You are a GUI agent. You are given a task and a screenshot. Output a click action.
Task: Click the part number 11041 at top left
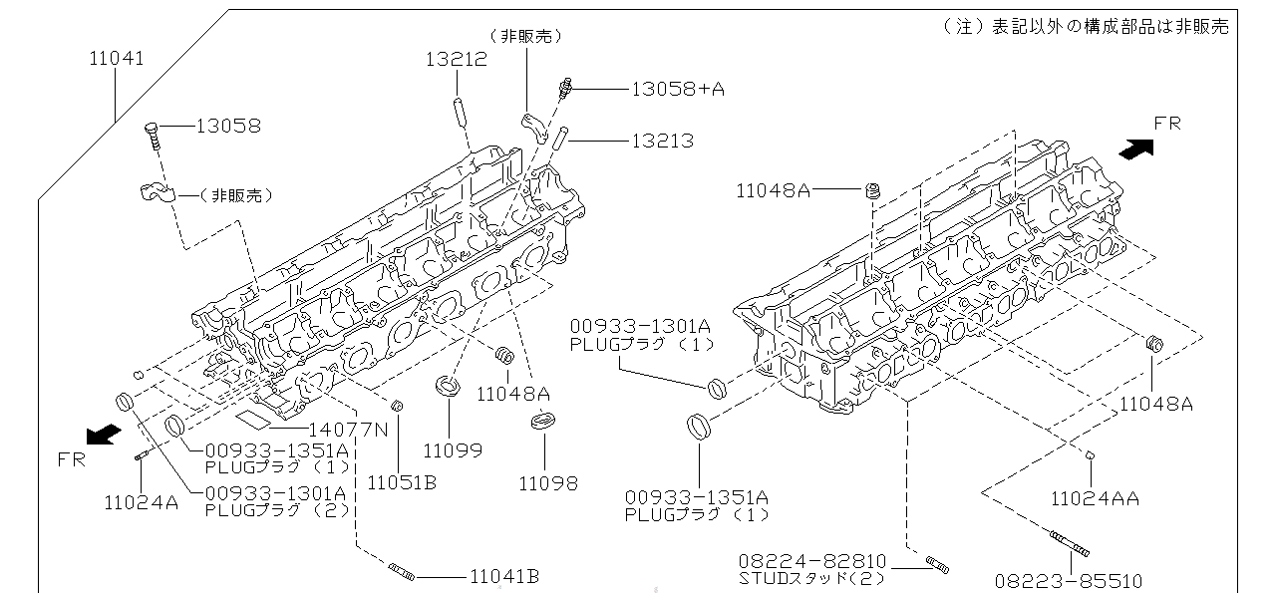[117, 58]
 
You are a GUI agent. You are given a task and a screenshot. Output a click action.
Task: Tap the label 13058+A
[678, 89]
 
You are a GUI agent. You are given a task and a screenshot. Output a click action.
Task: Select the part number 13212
[457, 59]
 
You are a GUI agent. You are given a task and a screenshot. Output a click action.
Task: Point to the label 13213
[663, 141]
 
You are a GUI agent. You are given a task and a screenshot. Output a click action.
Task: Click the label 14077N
[348, 429]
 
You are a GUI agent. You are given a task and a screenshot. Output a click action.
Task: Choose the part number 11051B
[402, 482]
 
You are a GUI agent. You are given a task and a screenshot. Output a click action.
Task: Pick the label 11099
[453, 450]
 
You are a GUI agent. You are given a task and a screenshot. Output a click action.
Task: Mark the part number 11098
[548, 483]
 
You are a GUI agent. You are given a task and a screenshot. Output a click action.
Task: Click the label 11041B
[504, 576]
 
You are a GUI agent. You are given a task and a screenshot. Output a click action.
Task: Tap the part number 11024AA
[1095, 499]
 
